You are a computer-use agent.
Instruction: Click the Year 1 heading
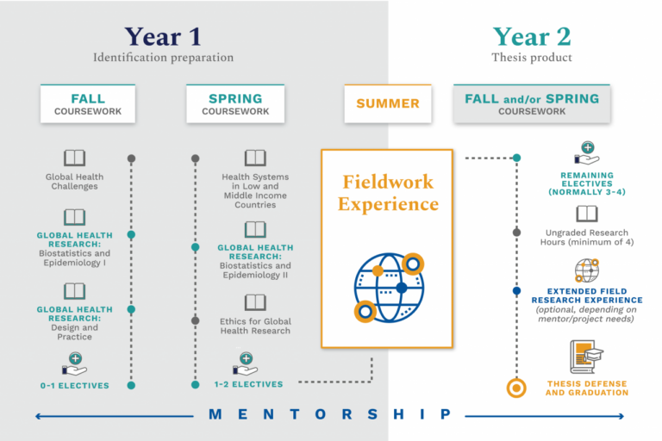coord(163,36)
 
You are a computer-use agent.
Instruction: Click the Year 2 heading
coord(531,36)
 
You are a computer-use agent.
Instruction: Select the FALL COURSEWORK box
coord(88,103)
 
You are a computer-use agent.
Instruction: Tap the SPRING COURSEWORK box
coord(235,103)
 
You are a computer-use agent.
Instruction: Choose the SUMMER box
coord(388,103)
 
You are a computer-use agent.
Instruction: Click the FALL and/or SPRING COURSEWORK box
coord(532,103)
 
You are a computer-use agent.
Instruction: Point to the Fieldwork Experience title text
coord(388,193)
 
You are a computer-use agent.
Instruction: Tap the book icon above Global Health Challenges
coord(75,158)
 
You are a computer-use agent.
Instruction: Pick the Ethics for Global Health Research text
coord(255,326)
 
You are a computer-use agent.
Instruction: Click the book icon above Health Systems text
coord(255,158)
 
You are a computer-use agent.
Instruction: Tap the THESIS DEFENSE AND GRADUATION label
coord(587,388)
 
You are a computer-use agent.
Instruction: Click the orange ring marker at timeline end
coord(516,388)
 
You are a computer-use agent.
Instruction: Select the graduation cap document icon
coord(586,355)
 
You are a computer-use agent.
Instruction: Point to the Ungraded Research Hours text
coord(587,238)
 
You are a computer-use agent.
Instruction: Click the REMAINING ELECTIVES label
coord(587,183)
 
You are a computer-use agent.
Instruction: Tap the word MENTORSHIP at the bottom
coord(330,415)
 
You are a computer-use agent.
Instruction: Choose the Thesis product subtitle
coord(531,58)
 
